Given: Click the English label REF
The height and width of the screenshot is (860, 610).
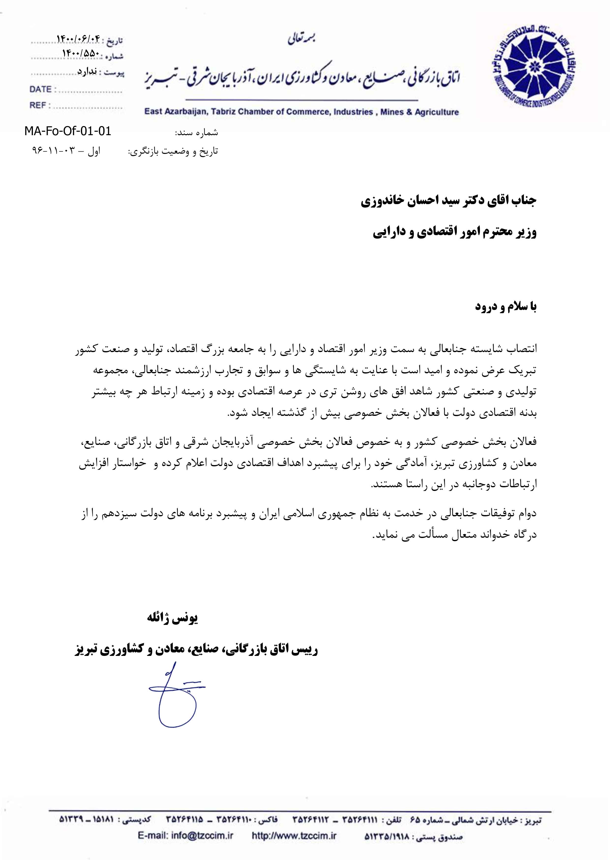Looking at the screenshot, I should tap(38, 106).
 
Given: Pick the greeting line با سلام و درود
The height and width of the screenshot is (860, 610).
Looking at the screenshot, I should tap(506, 307).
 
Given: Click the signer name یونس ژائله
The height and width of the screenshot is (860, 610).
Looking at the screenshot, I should tap(172, 618).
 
